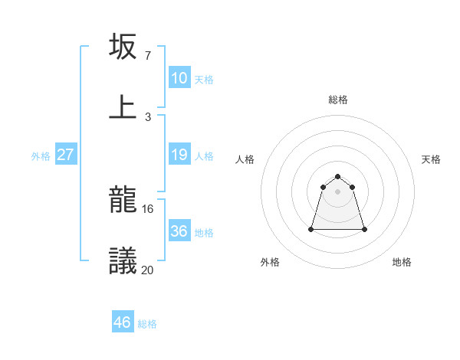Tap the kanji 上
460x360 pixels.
123,106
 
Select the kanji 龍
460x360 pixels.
123,200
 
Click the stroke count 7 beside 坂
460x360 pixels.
148,56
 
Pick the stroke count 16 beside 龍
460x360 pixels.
149,208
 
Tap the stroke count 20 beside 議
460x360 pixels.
149,269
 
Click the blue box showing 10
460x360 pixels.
179,78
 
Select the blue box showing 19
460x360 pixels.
179,155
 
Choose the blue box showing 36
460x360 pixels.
179,231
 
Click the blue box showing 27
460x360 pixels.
66,155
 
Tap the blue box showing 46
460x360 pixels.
123,322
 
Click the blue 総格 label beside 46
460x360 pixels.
147,324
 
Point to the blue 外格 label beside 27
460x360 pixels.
41,156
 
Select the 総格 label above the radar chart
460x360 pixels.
338,100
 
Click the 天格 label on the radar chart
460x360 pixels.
432,159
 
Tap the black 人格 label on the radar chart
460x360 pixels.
245,159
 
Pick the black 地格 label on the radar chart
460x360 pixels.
402,262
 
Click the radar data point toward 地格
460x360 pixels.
364,229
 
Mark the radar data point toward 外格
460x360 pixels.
312,228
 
